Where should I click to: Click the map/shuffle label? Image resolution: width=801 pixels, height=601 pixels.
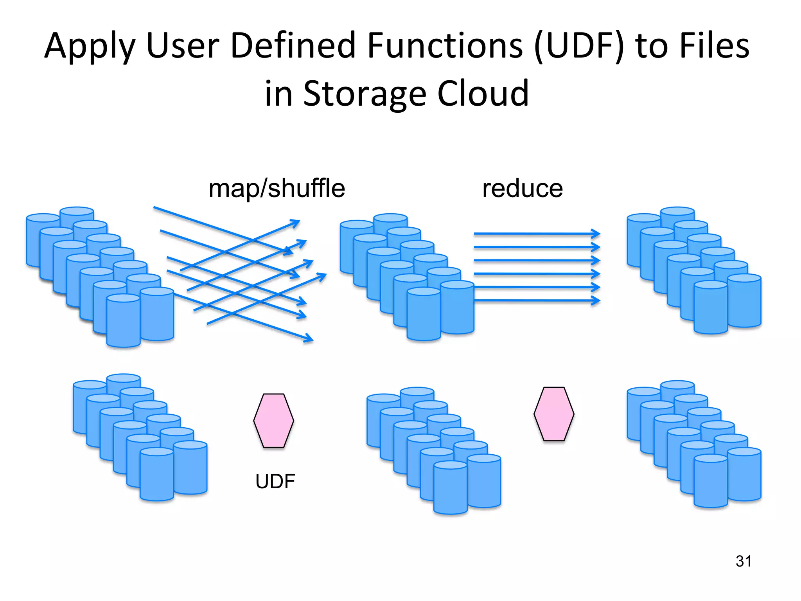[277, 189]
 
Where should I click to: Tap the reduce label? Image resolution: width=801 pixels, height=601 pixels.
[522, 189]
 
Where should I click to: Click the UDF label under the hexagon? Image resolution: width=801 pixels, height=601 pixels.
[275, 481]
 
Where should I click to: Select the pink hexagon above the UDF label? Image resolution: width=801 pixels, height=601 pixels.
[273, 420]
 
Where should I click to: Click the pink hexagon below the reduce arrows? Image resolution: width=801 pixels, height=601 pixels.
[554, 414]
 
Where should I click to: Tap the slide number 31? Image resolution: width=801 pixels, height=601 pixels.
[743, 561]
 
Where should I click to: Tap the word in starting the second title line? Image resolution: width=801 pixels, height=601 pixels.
[278, 94]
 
